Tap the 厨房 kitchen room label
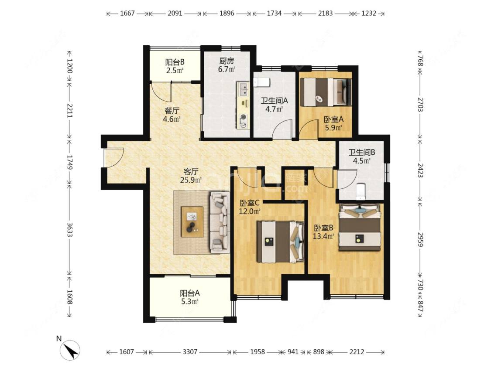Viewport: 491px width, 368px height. [x=227, y=61]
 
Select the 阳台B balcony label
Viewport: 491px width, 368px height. [x=175, y=62]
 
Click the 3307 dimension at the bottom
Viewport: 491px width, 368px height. [x=190, y=352]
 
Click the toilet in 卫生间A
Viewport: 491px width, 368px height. [x=261, y=82]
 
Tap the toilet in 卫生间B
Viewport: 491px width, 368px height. [x=361, y=191]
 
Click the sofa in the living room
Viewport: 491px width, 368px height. [x=220, y=222]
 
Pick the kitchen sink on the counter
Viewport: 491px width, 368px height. [x=243, y=89]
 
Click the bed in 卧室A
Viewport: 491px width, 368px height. [x=326, y=92]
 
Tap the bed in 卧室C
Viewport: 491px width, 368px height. [x=280, y=242]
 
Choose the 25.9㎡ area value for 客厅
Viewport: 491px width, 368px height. [x=191, y=180]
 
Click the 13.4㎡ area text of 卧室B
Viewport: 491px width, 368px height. [x=323, y=236]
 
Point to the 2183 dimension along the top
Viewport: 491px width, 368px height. [x=325, y=14]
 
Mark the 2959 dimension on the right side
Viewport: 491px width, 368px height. [x=421, y=239]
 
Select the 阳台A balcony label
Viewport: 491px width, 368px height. [x=190, y=293]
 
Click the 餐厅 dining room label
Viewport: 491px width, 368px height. [x=172, y=111]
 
